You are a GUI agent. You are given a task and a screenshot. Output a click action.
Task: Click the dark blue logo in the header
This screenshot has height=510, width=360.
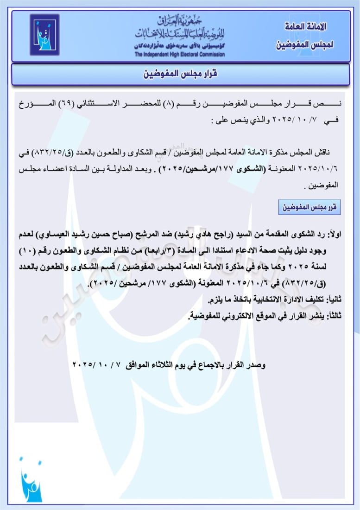coord(44,35)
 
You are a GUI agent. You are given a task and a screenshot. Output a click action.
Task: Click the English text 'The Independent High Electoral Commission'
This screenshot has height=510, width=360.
coord(180,54)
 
